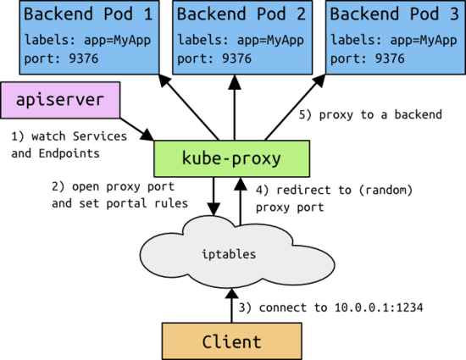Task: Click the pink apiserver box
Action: [x=60, y=100]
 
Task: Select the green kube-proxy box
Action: [x=231, y=158]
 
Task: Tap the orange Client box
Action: [x=231, y=342]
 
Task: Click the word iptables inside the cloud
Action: [x=230, y=254]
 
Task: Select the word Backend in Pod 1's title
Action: [x=58, y=15]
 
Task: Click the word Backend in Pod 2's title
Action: [x=210, y=15]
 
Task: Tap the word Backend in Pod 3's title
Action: [x=363, y=15]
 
